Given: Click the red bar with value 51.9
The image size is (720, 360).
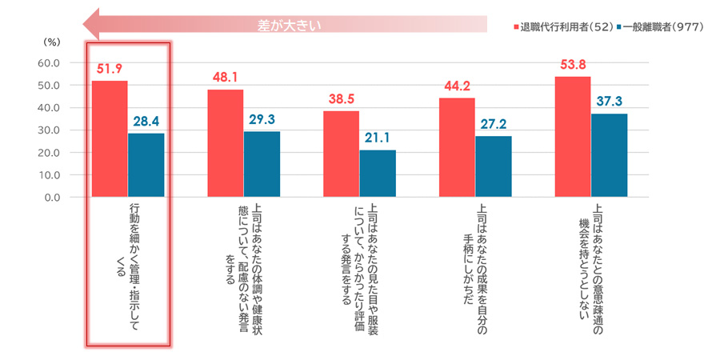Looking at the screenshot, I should (110, 138).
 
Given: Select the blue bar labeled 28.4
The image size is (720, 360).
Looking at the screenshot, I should (146, 165).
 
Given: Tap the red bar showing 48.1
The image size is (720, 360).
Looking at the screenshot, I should (226, 142).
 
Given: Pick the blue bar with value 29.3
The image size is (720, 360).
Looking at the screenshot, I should (262, 164).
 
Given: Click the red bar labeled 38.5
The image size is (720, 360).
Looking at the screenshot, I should (341, 154).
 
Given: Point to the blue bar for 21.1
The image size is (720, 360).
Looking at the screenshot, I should (378, 173).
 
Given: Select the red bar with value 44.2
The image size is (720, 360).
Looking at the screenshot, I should (457, 147).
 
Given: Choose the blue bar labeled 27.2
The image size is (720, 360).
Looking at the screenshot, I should (494, 166).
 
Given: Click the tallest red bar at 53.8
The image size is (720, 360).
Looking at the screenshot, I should (573, 136).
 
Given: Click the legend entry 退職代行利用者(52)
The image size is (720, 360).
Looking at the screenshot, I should (564, 26).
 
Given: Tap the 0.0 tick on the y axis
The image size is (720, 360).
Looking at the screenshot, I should (50, 197).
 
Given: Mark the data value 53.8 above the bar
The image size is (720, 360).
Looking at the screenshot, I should (573, 65).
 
